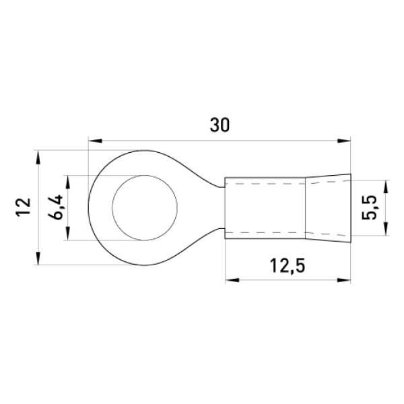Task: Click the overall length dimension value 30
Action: click(220, 125)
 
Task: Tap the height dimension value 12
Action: click(24, 207)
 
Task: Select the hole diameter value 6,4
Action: click(55, 207)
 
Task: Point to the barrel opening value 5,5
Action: click(369, 207)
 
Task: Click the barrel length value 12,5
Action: click(288, 266)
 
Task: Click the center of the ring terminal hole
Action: click(145, 207)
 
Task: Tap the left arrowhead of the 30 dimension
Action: click(95, 141)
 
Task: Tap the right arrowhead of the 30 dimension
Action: click(344, 141)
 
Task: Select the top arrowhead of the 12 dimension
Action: click(38, 157)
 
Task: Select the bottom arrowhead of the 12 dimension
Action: click(38, 258)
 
